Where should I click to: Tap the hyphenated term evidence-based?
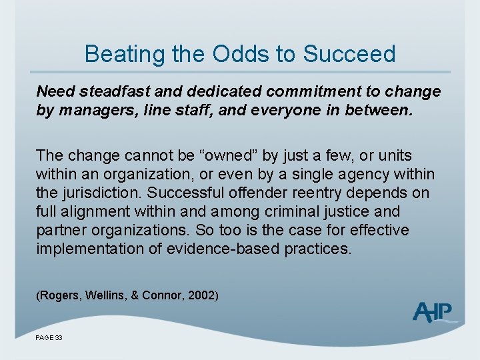tap(217, 249)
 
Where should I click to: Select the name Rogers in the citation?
tap(60, 295)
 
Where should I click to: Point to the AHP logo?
tap(434, 312)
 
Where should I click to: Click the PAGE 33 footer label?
tap(49, 338)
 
